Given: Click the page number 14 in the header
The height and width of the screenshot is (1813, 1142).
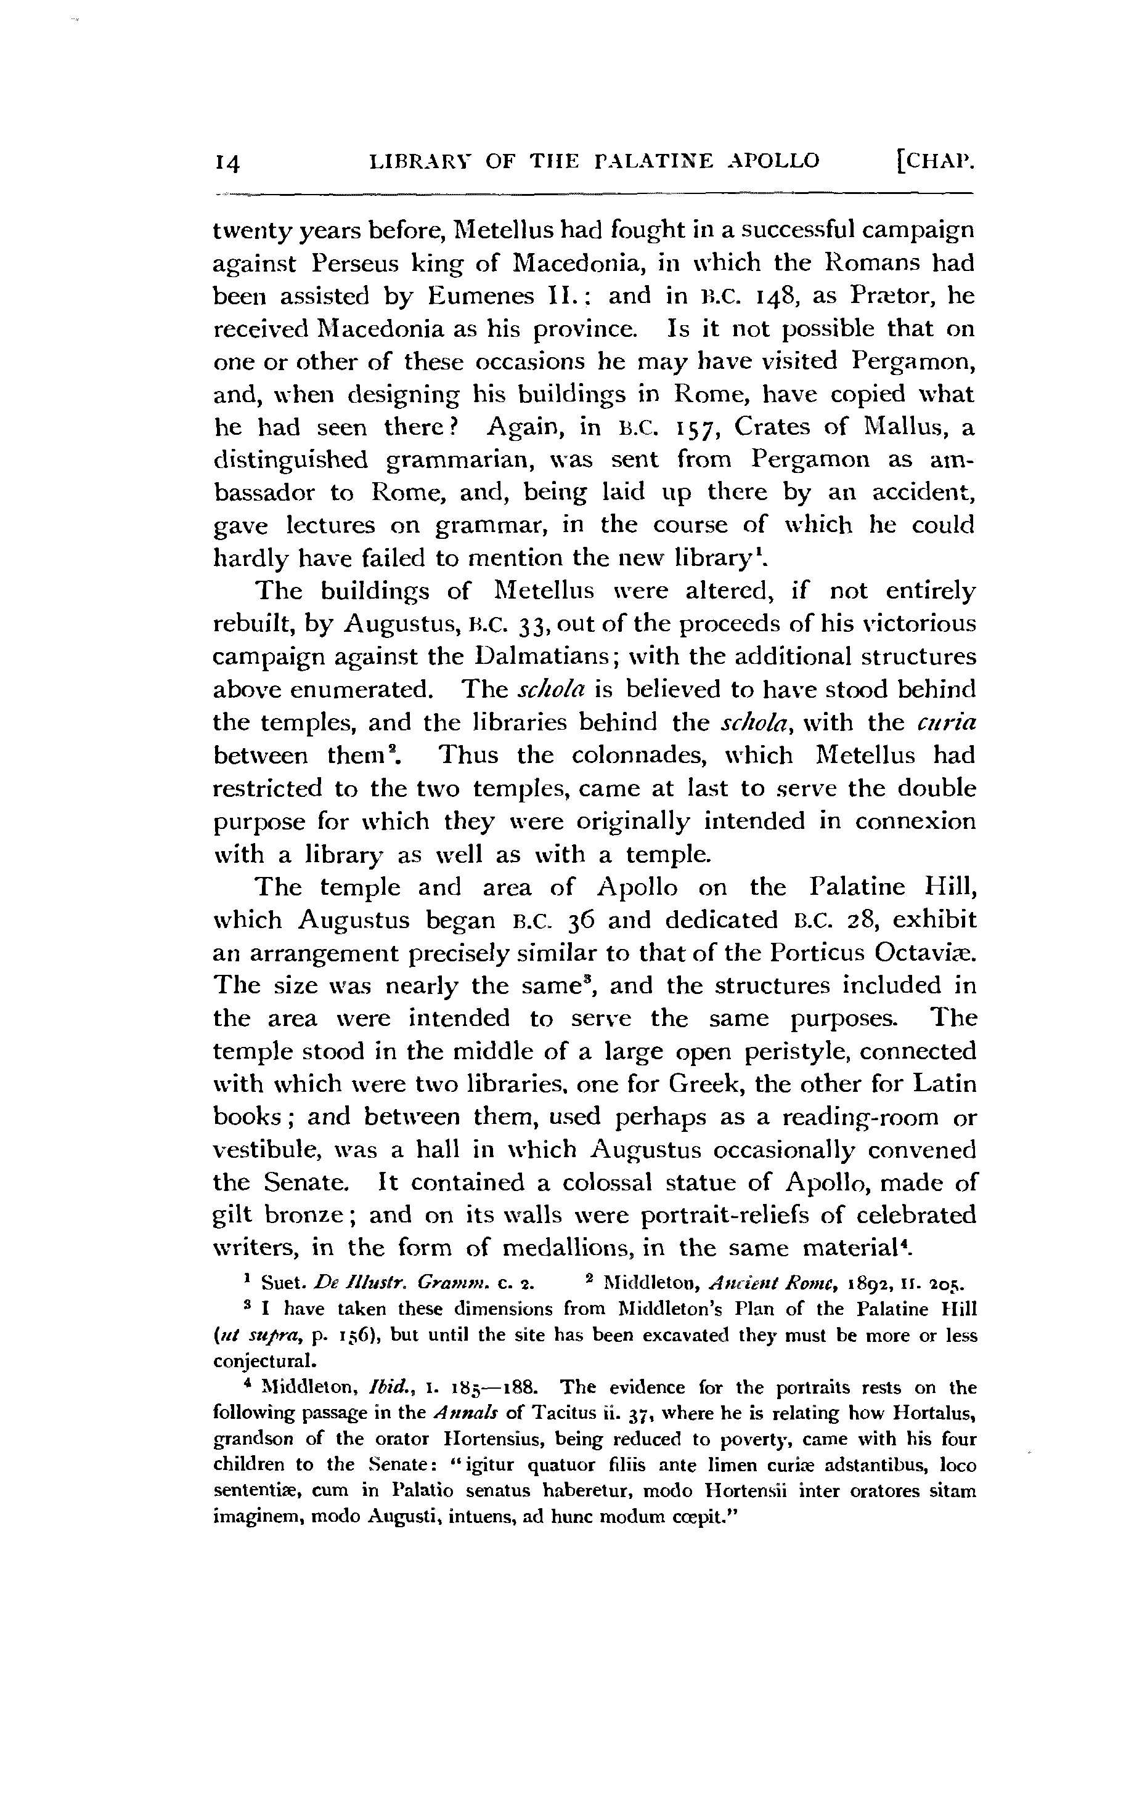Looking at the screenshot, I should [x=227, y=162].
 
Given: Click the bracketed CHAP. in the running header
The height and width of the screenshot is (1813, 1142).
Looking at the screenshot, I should [x=932, y=160].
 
